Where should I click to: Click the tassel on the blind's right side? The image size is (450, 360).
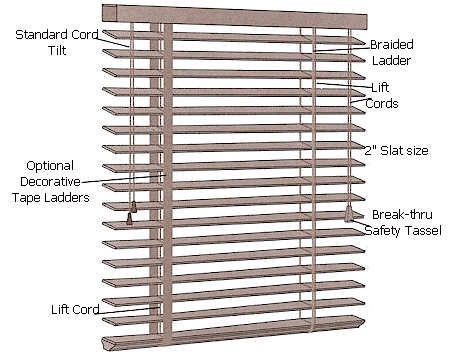click(349, 214)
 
